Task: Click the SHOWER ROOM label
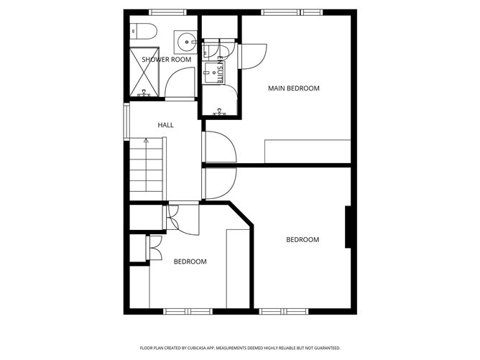point(166,60)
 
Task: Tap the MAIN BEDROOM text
point(293,88)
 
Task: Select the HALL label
point(166,125)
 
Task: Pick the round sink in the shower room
point(187,41)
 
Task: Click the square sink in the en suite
point(213,69)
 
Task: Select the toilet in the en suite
point(210,48)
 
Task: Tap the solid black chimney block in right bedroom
point(349,227)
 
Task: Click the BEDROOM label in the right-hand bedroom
point(303,240)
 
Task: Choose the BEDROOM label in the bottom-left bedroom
point(190,262)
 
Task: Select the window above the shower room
point(167,12)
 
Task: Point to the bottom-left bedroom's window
point(185,310)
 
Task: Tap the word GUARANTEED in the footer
point(323,347)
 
